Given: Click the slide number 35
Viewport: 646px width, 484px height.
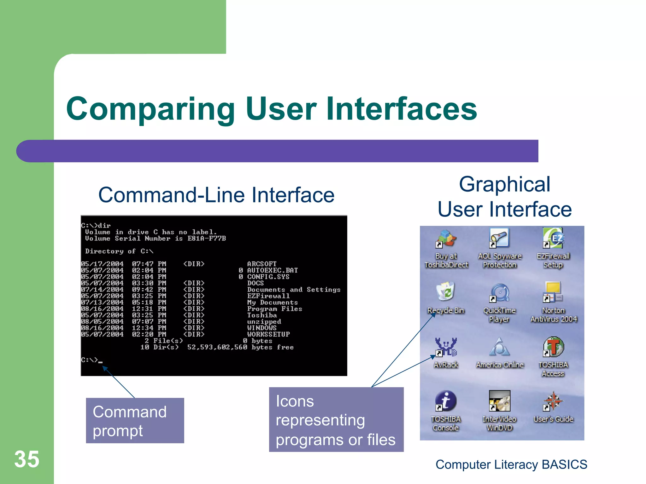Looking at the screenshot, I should [x=27, y=459].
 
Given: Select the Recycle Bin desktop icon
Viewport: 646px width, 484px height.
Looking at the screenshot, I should [x=445, y=292].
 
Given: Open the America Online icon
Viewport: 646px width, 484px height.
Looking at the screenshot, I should [x=499, y=347].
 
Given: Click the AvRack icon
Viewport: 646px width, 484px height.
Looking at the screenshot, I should [x=445, y=347].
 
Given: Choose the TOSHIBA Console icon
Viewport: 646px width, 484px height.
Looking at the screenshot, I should [x=445, y=401].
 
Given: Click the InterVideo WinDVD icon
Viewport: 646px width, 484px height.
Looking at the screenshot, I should [x=499, y=401].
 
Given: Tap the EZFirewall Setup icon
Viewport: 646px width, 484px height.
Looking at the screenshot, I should [x=553, y=238].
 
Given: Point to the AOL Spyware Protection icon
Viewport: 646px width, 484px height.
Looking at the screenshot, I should [x=499, y=238].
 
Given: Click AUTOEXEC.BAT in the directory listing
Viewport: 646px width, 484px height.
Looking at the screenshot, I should [x=272, y=270].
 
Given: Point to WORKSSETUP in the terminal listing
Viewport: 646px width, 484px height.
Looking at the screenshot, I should [x=268, y=334].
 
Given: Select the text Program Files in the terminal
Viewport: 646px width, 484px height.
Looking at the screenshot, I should [x=274, y=309].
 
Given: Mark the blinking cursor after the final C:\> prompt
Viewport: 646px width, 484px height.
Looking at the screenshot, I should [x=100, y=362].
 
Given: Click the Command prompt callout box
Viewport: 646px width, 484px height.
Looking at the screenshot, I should [x=135, y=421].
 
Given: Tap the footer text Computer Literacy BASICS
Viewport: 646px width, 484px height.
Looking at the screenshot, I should [x=511, y=464].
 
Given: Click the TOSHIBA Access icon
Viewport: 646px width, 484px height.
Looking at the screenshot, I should [x=553, y=347].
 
